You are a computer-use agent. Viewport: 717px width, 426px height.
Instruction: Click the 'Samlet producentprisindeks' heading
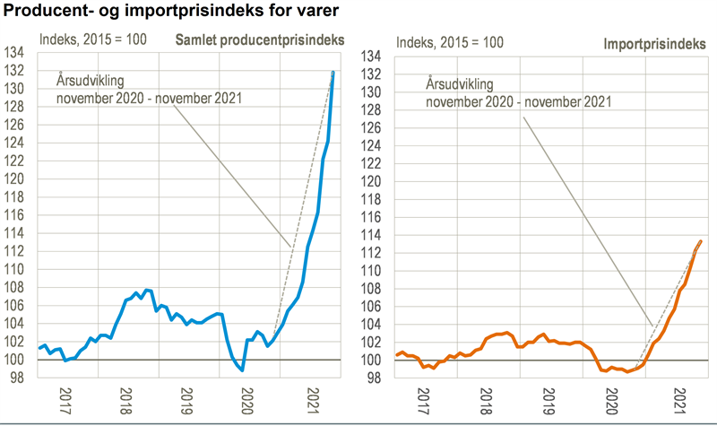[x=259, y=40]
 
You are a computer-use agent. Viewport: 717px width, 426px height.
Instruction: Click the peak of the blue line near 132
[x=333, y=72]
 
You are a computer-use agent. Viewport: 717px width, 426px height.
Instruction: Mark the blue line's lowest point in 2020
[x=242, y=369]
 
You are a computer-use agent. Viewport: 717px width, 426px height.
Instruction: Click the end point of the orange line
[x=700, y=240]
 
